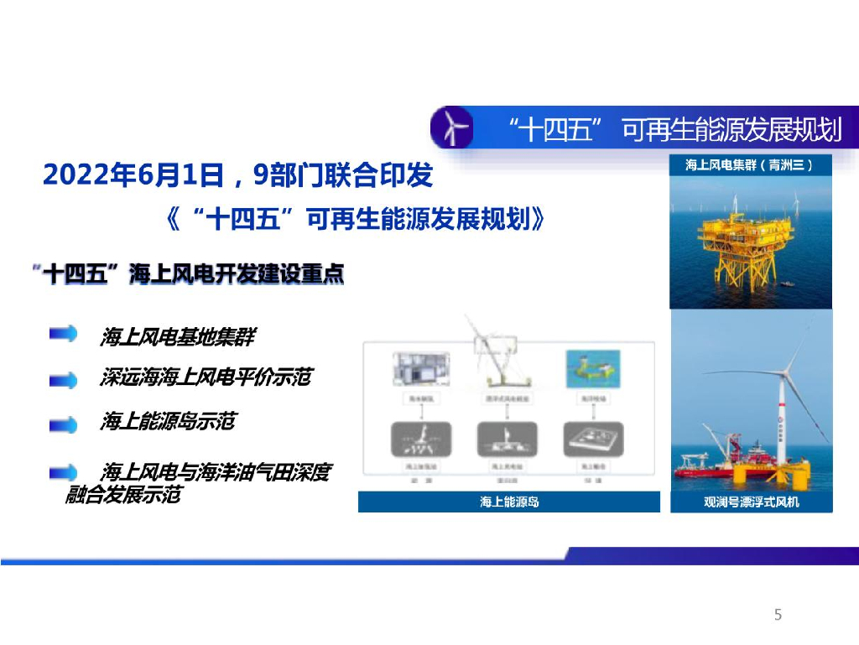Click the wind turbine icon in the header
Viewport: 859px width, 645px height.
(x=451, y=128)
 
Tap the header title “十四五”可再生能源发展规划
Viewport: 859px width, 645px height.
(x=675, y=131)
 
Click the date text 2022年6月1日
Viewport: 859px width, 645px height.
(x=132, y=175)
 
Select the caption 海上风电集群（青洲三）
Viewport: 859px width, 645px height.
(x=749, y=165)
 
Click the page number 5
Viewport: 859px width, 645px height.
(x=778, y=615)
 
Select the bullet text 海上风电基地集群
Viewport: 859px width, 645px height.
(x=176, y=337)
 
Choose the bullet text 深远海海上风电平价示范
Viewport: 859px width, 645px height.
(x=205, y=378)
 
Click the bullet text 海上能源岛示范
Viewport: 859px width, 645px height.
(x=167, y=421)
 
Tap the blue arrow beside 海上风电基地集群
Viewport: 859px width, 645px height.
(x=63, y=335)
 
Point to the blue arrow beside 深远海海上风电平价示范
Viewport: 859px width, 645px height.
(x=63, y=380)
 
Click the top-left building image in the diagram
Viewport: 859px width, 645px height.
(x=416, y=369)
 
